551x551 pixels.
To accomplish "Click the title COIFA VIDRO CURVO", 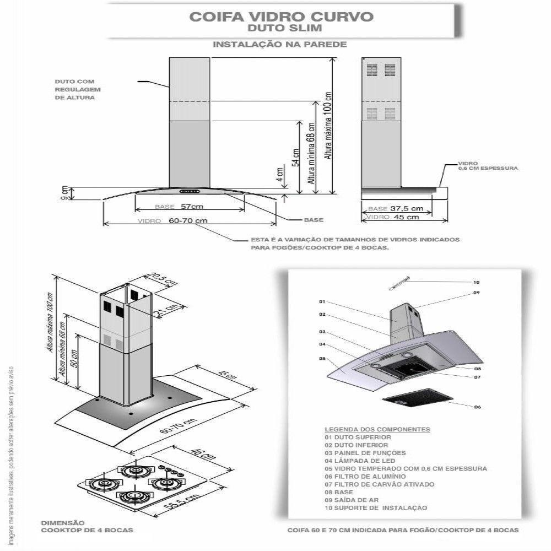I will click(x=281, y=16).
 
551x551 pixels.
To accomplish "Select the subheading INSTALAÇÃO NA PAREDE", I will click(x=280, y=44).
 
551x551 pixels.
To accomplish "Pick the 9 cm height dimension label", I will click(x=64, y=193).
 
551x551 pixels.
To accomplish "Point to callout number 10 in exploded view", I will click(x=477, y=282).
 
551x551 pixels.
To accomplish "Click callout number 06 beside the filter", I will click(x=477, y=407).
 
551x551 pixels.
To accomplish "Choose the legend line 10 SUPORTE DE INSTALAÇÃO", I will click(x=376, y=508).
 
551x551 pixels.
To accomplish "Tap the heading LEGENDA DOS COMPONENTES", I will click(x=377, y=429).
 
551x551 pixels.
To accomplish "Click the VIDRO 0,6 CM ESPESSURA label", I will click(x=488, y=166).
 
